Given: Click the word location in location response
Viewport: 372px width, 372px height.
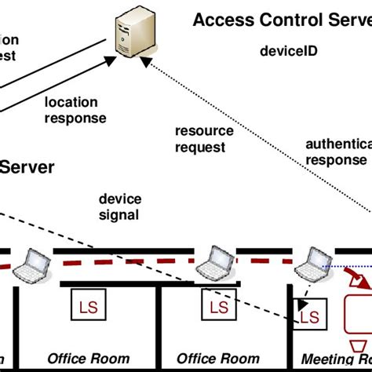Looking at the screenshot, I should click(71, 103).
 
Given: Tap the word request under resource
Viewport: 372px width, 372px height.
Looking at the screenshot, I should click(201, 147).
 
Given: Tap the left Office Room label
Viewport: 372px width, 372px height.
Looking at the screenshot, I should click(89, 359).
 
